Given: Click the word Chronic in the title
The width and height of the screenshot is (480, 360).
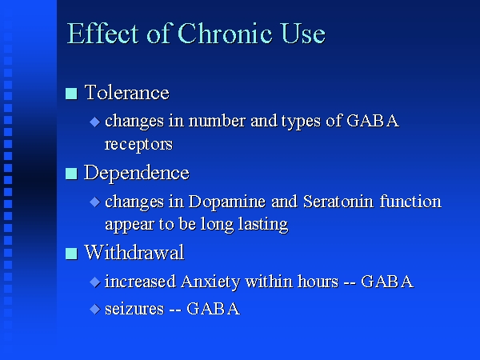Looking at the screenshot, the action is [225, 34].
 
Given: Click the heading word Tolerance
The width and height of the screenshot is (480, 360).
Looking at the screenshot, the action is [126, 92].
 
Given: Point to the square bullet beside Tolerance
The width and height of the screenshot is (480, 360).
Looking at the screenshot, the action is [71, 94].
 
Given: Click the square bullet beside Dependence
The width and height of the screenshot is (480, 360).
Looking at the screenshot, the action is [71, 174].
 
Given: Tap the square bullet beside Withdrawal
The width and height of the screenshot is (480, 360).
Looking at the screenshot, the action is [71, 254].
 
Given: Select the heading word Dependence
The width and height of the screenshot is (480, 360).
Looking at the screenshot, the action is [137, 174].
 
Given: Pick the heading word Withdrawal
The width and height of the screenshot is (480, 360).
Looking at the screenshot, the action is [134, 252].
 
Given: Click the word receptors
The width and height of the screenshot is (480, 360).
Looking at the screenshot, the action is [138, 145].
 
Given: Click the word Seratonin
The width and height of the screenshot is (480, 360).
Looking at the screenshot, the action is [338, 202].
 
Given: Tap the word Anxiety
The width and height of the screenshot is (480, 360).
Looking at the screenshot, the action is [210, 282].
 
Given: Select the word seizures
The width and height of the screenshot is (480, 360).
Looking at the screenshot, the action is [134, 309].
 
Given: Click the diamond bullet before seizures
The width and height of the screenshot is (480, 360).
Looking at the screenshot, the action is [95, 309].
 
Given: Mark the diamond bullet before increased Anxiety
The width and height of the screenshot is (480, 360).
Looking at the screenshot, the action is [95, 282].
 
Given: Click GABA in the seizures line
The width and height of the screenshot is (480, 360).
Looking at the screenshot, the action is [213, 309].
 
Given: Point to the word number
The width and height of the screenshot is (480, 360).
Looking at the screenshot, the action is [217, 121].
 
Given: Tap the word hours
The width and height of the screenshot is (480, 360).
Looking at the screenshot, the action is [318, 282].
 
